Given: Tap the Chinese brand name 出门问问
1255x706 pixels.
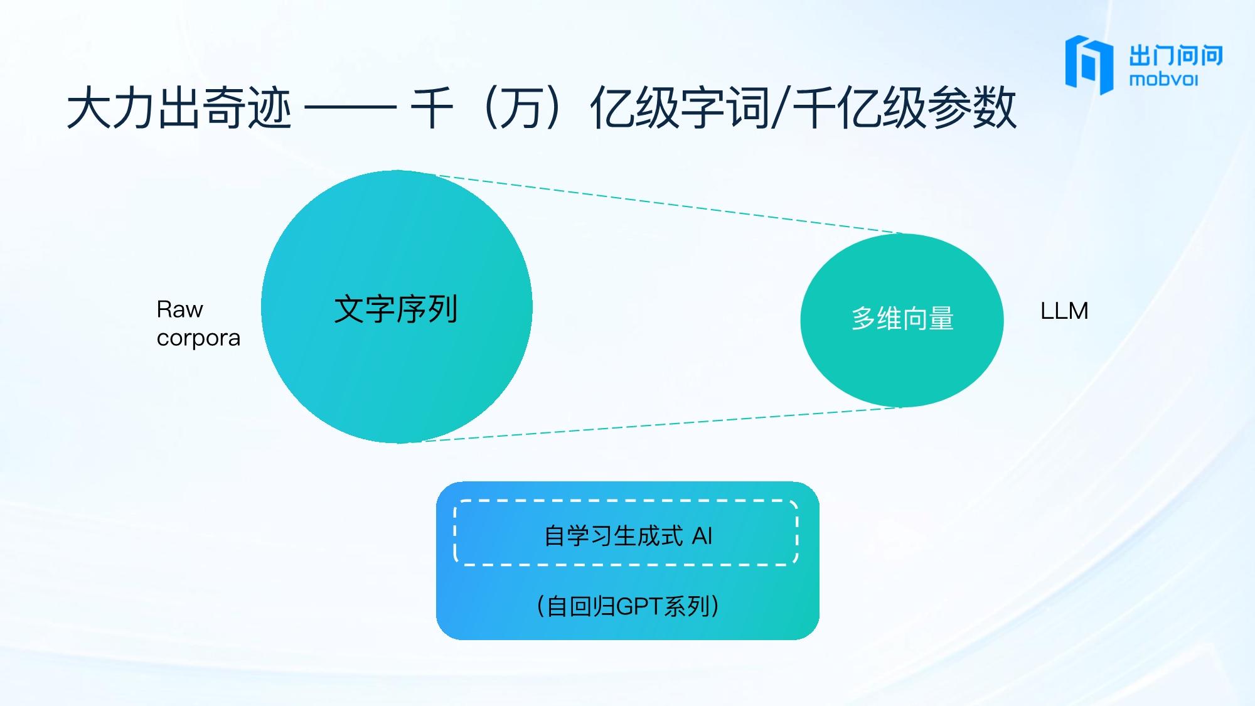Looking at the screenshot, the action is tap(1176, 56).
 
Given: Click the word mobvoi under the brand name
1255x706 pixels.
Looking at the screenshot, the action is tap(1163, 80).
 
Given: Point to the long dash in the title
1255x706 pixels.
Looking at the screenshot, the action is tap(350, 109).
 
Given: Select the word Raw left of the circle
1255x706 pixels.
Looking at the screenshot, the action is tap(179, 309).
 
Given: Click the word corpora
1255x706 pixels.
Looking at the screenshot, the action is tap(198, 338).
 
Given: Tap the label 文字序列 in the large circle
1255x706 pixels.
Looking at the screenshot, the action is tap(396, 309).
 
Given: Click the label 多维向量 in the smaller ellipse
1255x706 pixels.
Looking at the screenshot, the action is tap(902, 319).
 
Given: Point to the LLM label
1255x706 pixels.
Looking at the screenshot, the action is tap(1064, 311).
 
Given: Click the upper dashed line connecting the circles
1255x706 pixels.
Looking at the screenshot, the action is tap(669, 205).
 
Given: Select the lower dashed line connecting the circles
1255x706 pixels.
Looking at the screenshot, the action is tap(662, 424).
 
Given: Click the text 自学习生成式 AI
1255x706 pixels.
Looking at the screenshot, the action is tap(627, 536).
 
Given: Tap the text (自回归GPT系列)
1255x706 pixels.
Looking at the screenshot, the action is tap(627, 606).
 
